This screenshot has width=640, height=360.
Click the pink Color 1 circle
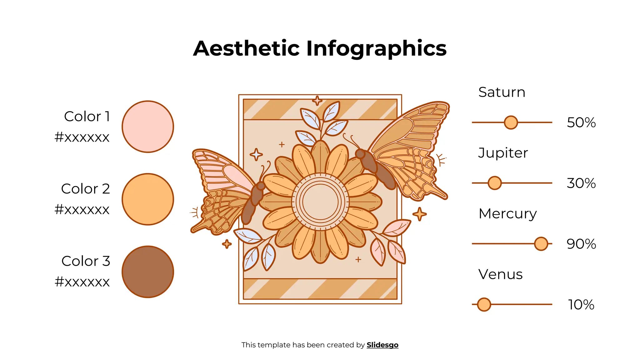[x=147, y=127]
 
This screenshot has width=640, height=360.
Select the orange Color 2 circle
[x=147, y=199]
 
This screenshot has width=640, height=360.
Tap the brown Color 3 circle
[x=147, y=272]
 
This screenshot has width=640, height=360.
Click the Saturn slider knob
[x=511, y=122]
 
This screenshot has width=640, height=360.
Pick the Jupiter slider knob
[x=494, y=183]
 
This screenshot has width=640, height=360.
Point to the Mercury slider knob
[x=541, y=244]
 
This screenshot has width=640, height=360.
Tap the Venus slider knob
[x=484, y=304]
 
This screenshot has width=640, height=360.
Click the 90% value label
[x=581, y=244]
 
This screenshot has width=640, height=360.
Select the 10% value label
[x=581, y=304]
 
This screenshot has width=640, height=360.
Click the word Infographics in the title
[x=376, y=48]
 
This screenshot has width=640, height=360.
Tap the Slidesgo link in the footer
[x=382, y=345]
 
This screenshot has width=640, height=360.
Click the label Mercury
[x=507, y=214]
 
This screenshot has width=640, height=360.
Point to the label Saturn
[x=502, y=92]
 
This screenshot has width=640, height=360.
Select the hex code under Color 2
[x=82, y=209]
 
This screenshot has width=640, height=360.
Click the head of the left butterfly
[x=261, y=186]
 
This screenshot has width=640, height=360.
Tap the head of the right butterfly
[x=360, y=154]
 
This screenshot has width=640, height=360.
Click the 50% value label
[x=581, y=122]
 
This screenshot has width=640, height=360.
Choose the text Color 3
[x=86, y=261]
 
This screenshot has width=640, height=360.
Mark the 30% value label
[x=581, y=183]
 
